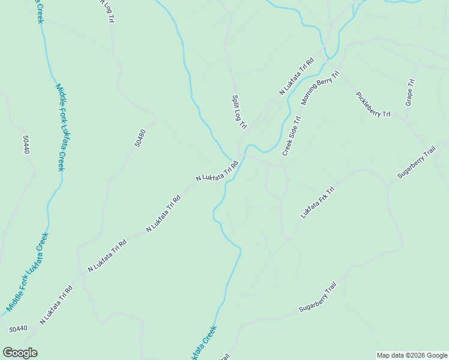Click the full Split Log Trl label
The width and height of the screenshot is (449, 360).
coord(239,112)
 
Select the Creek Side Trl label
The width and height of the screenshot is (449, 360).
coord(291,136)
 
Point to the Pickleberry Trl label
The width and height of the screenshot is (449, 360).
coord(373,104)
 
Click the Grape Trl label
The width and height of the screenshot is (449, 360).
coord(410,92)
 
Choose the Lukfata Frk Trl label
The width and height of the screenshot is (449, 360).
coord(317,203)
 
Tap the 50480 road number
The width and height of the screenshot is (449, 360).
coord(140,138)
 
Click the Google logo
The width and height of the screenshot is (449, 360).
coord(20,353)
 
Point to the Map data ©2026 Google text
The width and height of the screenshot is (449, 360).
coord(412,355)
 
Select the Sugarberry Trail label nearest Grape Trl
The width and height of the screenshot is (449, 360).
coord(416,164)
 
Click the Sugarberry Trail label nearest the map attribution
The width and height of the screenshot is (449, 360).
coord(324,298)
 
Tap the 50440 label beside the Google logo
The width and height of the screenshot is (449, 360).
coord(18,328)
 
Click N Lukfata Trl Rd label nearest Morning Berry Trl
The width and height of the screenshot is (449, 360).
coord(297,76)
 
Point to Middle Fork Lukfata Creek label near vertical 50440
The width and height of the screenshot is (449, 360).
coord(61,127)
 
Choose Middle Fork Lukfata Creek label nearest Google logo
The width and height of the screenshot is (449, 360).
coord(26,272)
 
